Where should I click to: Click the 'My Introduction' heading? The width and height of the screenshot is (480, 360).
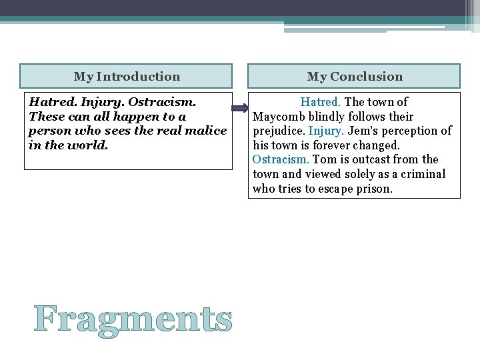[127, 77]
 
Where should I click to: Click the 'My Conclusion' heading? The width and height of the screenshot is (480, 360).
[355, 77]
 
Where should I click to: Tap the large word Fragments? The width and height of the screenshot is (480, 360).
[133, 319]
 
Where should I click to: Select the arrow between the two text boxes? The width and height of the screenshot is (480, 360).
[240, 108]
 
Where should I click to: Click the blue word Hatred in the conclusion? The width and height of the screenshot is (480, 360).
[320, 102]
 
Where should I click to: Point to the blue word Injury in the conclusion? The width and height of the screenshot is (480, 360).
[325, 131]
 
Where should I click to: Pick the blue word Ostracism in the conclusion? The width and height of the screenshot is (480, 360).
[281, 159]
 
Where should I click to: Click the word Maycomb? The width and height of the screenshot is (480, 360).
[277, 117]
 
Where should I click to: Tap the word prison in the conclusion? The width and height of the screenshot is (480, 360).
[376, 189]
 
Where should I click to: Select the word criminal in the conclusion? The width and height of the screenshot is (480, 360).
[422, 174]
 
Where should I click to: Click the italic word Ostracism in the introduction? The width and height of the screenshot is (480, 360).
[162, 102]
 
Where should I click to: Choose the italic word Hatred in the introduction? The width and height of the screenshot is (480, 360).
[49, 102]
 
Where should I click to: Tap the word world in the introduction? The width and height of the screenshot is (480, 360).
[90, 145]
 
